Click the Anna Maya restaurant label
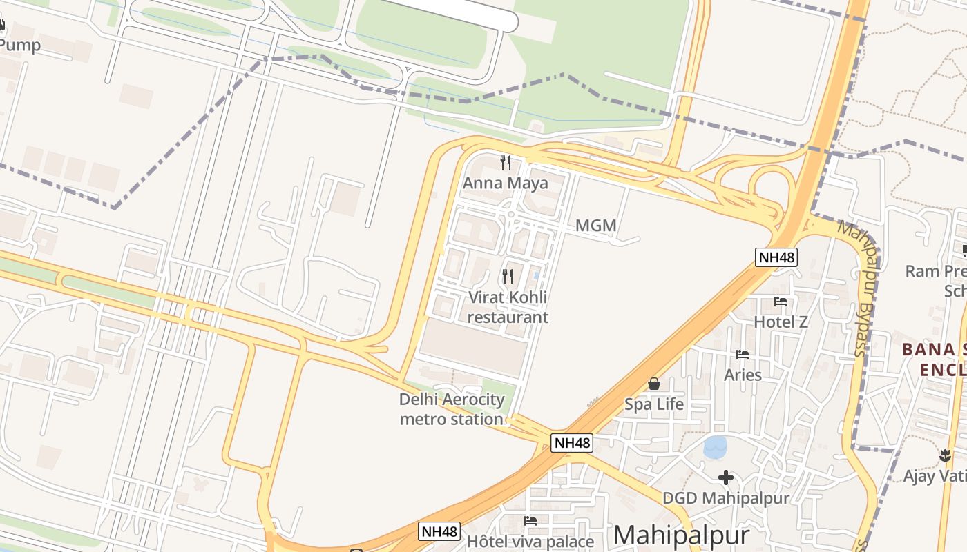point(505,183)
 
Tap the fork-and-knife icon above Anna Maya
point(506,163)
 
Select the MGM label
point(595,226)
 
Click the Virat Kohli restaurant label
point(508,307)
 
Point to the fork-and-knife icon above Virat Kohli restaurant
point(508,277)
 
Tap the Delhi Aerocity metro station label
point(452,409)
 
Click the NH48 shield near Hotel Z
point(776,257)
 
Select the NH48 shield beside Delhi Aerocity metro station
point(572,442)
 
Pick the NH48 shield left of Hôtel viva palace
point(439,531)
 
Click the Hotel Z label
point(781,322)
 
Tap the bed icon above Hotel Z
point(781,301)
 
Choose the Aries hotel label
point(743,375)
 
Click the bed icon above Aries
point(743,355)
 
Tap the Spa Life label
point(653,404)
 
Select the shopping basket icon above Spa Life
point(653,384)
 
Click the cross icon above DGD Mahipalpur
point(725,477)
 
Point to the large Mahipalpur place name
point(680,535)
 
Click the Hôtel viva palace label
point(530,542)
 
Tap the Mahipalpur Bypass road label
point(861,286)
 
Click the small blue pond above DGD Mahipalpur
point(715,447)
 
